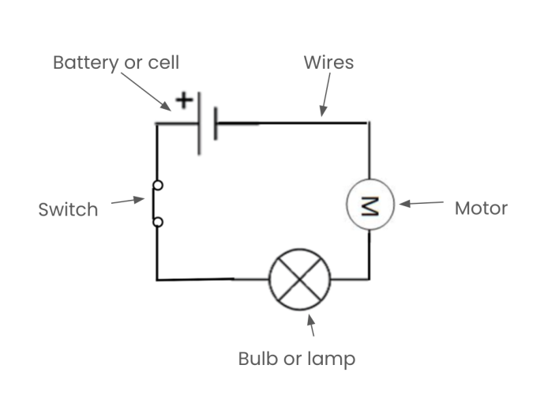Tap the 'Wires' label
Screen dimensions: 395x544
tap(328, 62)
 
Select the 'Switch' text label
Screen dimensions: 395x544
tap(68, 209)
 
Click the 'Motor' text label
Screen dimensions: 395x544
tap(481, 209)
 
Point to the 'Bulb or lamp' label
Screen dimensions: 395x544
tap(297, 359)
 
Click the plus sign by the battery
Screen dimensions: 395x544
tap(183, 101)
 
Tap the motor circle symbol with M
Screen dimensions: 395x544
tap(369, 205)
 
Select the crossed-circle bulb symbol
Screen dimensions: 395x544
tap(300, 280)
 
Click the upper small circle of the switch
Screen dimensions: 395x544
tap(158, 186)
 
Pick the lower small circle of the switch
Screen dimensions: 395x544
tap(158, 223)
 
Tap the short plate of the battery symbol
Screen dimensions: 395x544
tap(216, 123)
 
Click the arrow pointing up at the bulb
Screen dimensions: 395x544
tap(311, 325)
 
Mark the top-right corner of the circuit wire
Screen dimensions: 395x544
tap(368, 122)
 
